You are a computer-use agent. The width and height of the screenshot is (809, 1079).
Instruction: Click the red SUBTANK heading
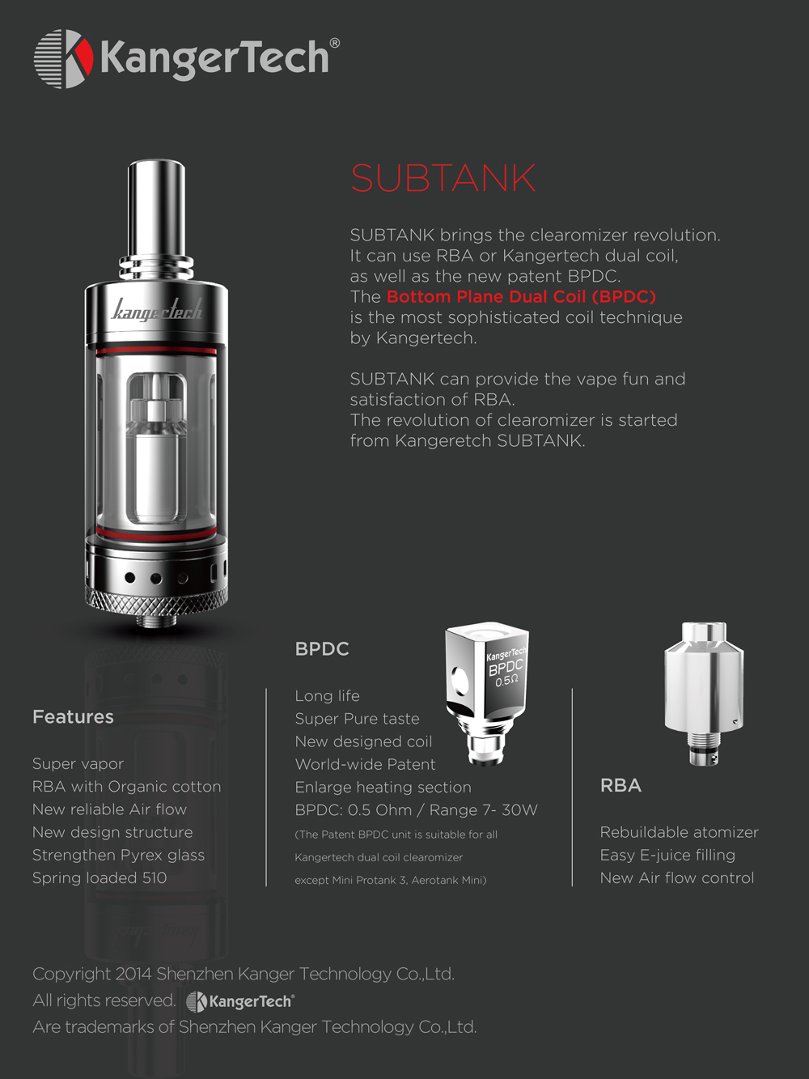(x=443, y=178)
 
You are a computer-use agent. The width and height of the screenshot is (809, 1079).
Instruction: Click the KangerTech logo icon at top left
(x=62, y=58)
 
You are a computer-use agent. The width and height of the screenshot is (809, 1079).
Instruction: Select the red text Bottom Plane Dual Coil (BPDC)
(x=521, y=297)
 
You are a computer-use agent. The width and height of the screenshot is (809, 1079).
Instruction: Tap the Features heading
(x=73, y=717)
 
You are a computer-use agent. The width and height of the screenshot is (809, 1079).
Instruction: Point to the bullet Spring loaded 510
(x=100, y=878)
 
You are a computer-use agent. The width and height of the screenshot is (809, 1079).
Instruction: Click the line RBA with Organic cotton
(x=126, y=787)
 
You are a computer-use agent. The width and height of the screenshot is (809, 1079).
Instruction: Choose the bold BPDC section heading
(x=322, y=649)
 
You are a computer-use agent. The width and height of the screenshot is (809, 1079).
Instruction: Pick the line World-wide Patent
(x=365, y=764)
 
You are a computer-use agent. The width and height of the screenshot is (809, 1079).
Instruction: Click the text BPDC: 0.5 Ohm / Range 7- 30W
(x=416, y=810)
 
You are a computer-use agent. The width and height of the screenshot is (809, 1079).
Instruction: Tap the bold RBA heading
(x=621, y=786)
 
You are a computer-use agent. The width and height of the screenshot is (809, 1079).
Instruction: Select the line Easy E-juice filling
(x=667, y=856)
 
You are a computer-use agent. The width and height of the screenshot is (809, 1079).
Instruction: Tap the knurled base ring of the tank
(x=156, y=600)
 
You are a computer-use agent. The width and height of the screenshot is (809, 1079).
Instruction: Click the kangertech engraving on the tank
(x=156, y=309)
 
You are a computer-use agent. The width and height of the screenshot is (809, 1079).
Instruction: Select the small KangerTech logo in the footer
(x=240, y=1002)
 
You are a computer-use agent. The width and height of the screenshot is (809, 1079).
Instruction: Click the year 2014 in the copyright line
(x=133, y=975)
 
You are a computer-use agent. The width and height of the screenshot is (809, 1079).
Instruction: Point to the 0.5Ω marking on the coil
(x=507, y=681)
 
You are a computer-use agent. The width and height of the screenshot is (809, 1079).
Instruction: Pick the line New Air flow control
(x=677, y=878)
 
